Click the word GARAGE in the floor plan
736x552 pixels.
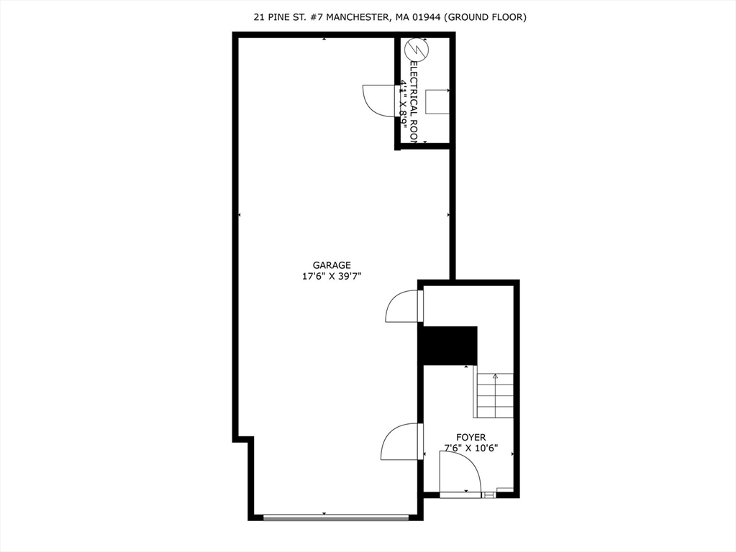331,264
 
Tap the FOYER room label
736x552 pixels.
471,437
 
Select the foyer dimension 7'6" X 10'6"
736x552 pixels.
471,448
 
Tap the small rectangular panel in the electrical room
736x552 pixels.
437,102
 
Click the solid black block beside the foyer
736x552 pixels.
449,345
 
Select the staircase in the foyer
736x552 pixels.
495,396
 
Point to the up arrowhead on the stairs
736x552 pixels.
495,376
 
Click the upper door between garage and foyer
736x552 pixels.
403,305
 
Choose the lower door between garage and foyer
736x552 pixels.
400,441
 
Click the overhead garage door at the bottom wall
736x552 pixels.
335,516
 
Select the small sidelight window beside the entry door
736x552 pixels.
489,494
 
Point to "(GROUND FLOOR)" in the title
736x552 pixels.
485,17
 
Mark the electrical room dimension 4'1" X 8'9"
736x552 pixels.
404,103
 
